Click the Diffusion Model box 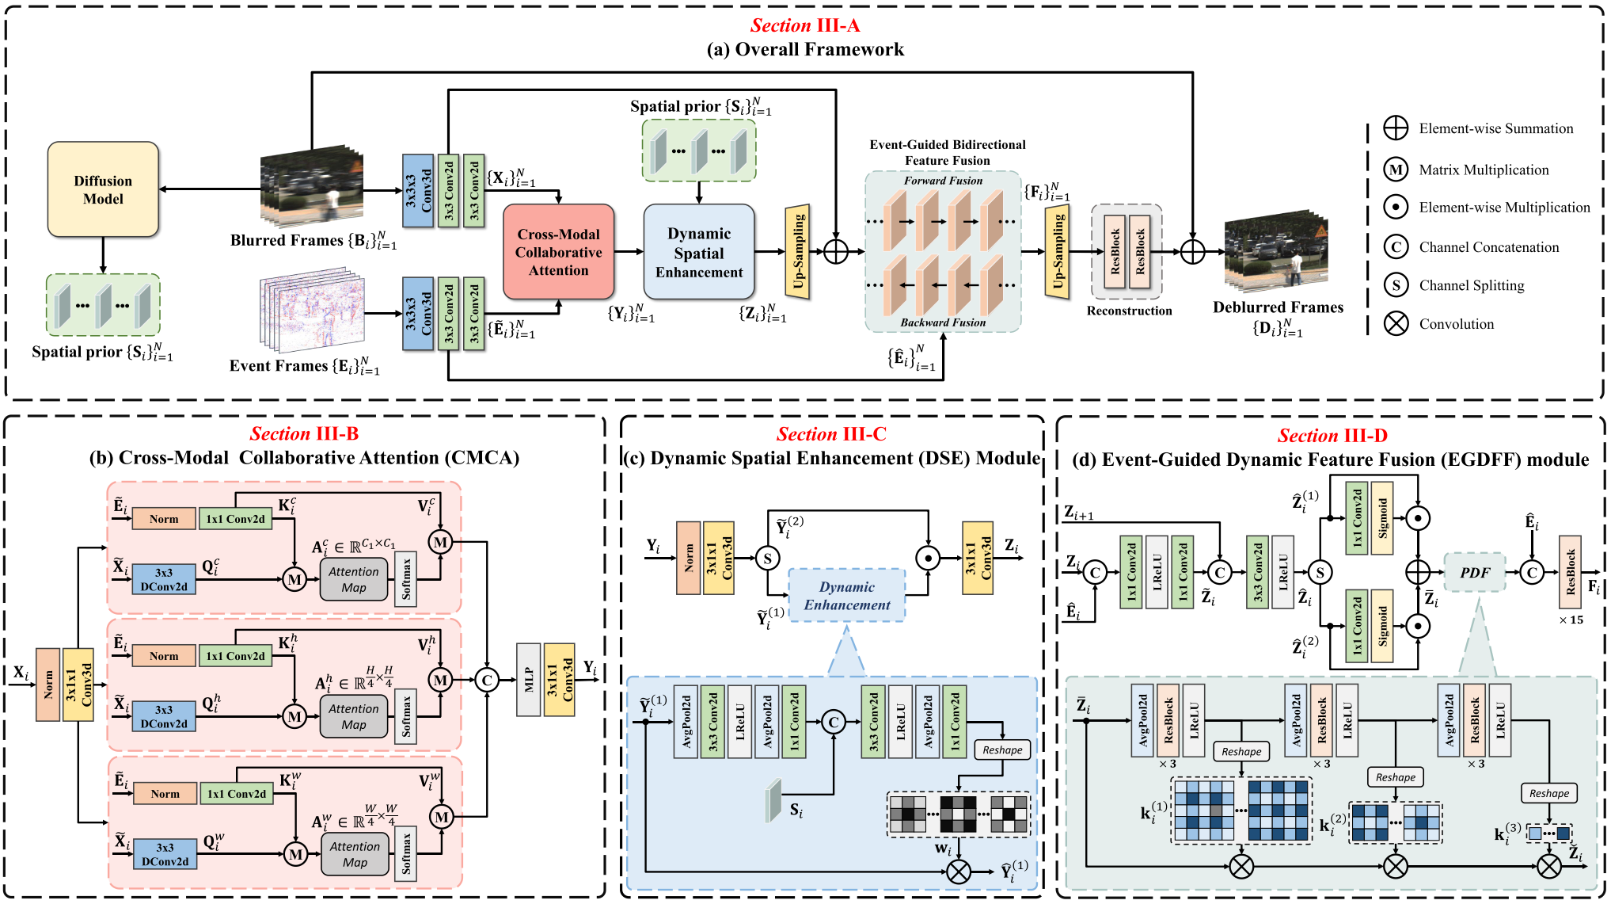pos(103,189)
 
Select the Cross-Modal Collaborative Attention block pos(558,252)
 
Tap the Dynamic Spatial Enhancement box pos(698,252)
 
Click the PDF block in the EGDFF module pos(1474,572)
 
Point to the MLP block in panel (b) pos(528,680)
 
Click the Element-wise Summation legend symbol pos(1396,128)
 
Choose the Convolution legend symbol pos(1396,323)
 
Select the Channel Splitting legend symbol pos(1396,285)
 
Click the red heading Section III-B pos(304,433)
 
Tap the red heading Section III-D pos(1332,435)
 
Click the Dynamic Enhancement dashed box pos(846,596)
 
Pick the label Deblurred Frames pos(1278,307)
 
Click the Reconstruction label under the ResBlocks pos(1129,311)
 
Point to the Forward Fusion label pos(943,181)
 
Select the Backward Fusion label pos(943,322)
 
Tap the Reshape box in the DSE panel pos(1002,750)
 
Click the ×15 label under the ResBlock pos(1571,620)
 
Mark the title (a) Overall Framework pos(805,50)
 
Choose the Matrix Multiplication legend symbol pos(1396,170)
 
